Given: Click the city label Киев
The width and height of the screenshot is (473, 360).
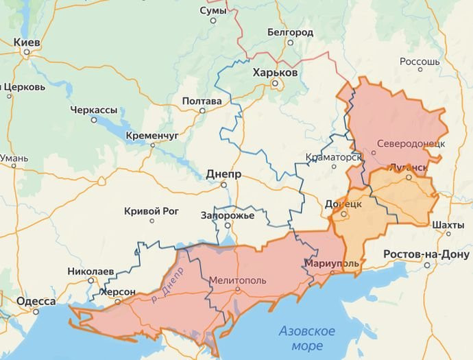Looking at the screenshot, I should click(x=27, y=43).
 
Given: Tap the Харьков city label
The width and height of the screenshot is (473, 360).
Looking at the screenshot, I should click(x=275, y=72).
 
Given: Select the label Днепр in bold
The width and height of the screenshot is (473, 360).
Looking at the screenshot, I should click(x=223, y=174).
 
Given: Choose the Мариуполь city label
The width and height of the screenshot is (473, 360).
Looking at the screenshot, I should click(x=332, y=263).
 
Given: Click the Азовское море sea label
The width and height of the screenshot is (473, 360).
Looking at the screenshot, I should click(x=306, y=338).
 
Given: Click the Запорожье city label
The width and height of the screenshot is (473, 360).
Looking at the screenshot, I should click(x=228, y=215).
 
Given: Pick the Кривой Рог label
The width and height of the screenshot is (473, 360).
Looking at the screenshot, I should click(x=151, y=211).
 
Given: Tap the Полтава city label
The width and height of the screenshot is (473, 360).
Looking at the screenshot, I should click(x=202, y=101).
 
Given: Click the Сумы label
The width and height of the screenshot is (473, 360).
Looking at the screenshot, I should click(x=213, y=11).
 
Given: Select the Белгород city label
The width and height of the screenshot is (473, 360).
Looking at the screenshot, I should click(x=290, y=32).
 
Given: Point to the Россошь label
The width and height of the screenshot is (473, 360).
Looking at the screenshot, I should click(x=419, y=61).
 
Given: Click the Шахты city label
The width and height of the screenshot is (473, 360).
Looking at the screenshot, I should click(x=448, y=225).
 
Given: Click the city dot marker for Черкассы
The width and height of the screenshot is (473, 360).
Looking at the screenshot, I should click(x=94, y=119).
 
